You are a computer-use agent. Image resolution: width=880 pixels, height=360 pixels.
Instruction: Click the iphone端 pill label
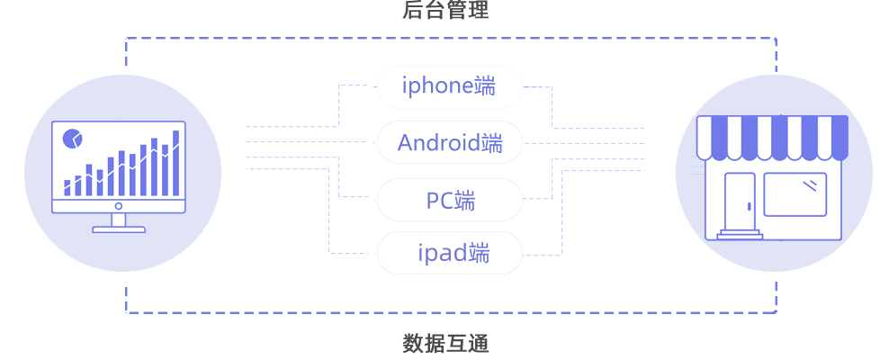click(449, 87)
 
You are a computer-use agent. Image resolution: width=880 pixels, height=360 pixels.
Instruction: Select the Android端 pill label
click(449, 143)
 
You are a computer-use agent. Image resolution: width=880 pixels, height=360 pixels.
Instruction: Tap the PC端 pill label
click(449, 200)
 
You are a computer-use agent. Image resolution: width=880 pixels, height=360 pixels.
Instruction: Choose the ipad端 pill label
click(449, 254)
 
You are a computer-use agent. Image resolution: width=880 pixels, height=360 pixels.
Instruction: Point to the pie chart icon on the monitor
click(73, 139)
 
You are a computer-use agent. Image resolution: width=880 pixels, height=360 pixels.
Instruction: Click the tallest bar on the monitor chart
click(175, 163)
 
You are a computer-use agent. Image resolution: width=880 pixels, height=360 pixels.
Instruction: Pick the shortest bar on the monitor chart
click(67, 187)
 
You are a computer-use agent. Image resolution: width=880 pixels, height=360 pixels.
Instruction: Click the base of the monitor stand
click(119, 229)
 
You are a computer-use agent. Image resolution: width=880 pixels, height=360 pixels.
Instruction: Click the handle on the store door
click(748, 206)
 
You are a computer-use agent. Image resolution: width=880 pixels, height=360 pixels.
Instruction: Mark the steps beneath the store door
click(740, 234)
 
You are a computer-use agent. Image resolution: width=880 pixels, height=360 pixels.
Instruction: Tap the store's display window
click(795, 194)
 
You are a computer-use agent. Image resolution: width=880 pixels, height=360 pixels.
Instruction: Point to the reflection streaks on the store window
click(812, 185)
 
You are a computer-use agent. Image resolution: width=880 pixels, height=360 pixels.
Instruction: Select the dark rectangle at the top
click(445, 10)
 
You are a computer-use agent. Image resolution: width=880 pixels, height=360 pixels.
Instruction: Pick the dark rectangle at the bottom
click(445, 343)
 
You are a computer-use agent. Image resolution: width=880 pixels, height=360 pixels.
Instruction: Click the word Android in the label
click(437, 143)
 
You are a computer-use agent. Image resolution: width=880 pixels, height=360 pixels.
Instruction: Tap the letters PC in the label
click(438, 200)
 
